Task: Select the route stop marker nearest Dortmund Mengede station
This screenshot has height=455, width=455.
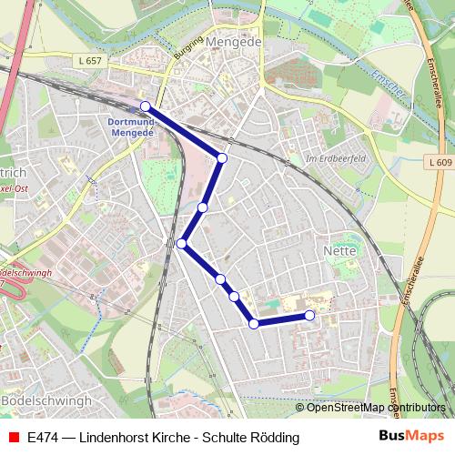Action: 146,106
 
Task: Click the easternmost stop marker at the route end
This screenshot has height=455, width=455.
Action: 309,315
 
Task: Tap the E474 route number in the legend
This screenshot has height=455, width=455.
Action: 44,438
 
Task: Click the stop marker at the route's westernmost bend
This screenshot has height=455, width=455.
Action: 182,243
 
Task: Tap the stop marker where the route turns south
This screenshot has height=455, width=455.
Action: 222,158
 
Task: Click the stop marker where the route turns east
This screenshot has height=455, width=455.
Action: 253,323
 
